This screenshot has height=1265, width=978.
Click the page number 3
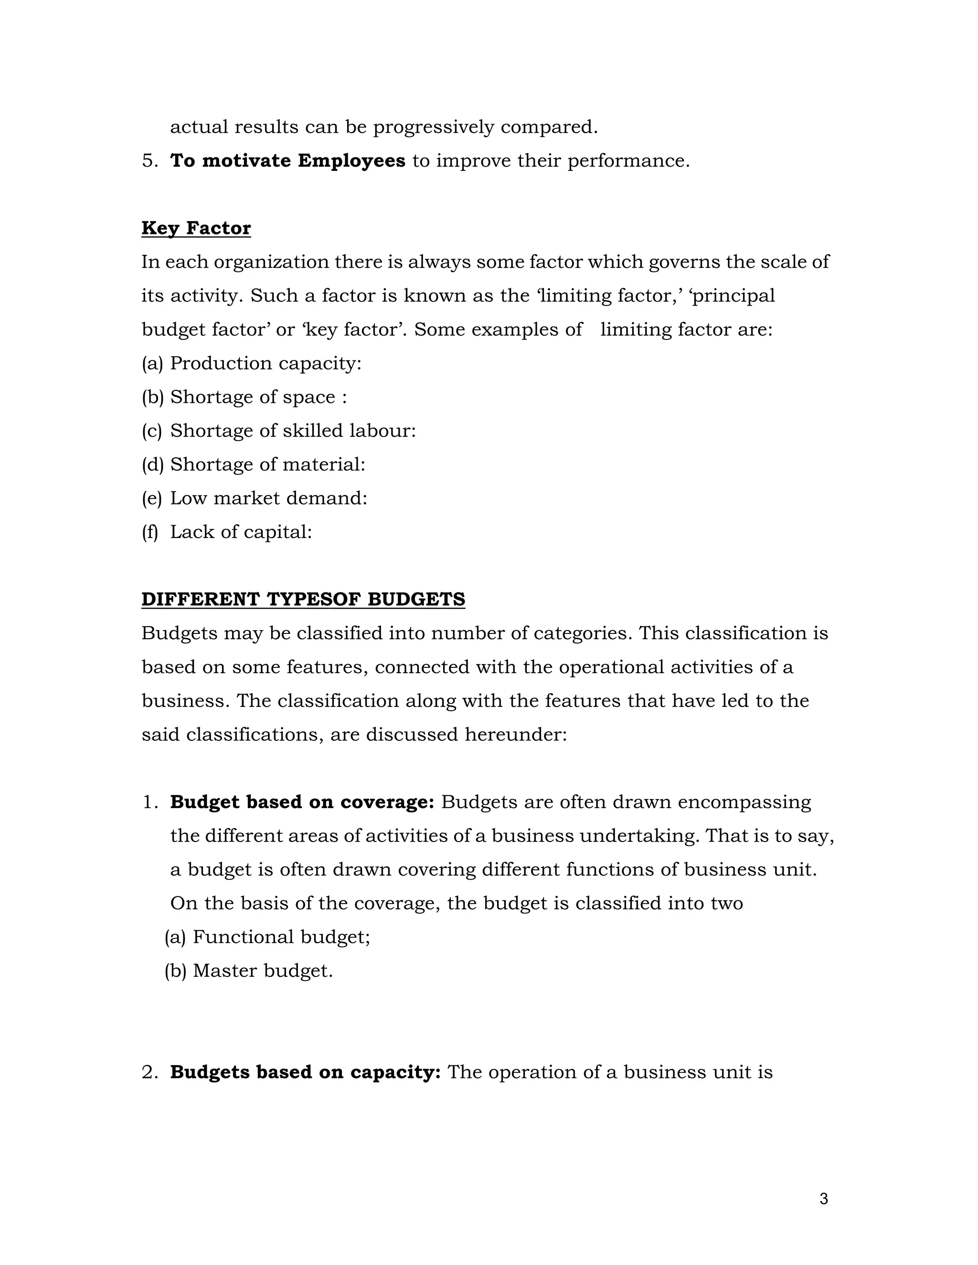[824, 1199]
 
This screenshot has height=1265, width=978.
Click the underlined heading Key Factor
[196, 228]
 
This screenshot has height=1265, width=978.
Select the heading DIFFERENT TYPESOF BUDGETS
[303, 600]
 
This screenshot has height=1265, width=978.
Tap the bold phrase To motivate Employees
[287, 160]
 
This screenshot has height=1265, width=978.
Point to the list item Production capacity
[266, 363]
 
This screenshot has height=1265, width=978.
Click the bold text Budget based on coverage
[302, 802]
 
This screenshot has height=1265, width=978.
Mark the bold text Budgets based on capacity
[305, 1072]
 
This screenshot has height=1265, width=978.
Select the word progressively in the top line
[434, 127]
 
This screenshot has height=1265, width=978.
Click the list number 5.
[149, 160]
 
